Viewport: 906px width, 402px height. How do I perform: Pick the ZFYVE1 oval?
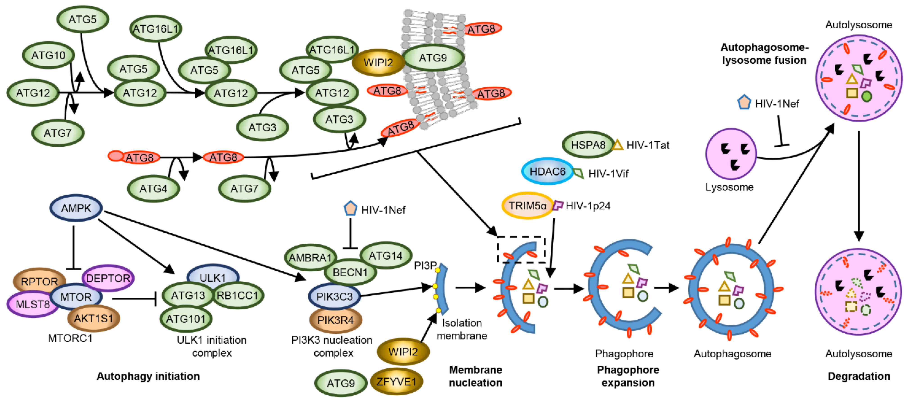click(396, 381)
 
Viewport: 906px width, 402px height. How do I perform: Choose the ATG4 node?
click(153, 189)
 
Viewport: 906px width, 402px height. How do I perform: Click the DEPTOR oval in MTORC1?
click(108, 278)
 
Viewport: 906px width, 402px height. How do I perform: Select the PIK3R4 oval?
click(335, 320)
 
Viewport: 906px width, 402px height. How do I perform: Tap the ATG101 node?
click(185, 319)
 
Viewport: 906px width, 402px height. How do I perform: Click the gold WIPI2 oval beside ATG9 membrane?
click(378, 63)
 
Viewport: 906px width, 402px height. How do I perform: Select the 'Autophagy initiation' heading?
click(148, 376)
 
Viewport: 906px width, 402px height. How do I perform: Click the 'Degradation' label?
click(859, 376)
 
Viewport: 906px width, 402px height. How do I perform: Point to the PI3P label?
click(425, 265)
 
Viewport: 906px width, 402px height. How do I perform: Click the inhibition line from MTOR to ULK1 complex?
click(134, 299)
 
